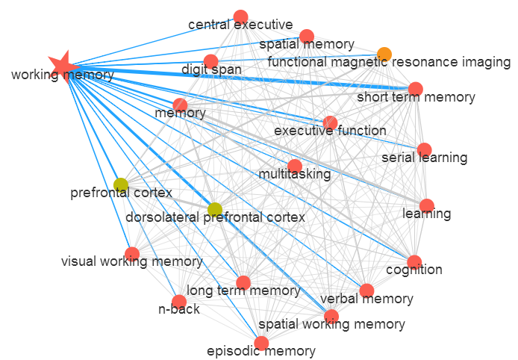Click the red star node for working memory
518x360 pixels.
63,66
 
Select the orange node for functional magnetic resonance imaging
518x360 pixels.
384,54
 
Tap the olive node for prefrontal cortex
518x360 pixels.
121,184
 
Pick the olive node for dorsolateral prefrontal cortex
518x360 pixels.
215,209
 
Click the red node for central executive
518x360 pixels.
240,16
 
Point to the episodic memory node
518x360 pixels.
261,344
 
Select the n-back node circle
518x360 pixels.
179,302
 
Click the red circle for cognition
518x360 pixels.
414,262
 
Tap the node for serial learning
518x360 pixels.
424,149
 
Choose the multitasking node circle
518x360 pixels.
295,166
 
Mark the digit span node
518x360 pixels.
210,61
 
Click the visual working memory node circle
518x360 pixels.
132,254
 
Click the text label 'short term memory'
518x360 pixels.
416,98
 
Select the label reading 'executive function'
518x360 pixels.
330,131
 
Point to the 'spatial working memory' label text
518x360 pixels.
331,324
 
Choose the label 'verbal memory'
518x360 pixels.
366,300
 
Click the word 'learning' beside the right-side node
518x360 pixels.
426,214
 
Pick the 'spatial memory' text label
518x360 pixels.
307,45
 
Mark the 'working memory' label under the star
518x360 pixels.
62,75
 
